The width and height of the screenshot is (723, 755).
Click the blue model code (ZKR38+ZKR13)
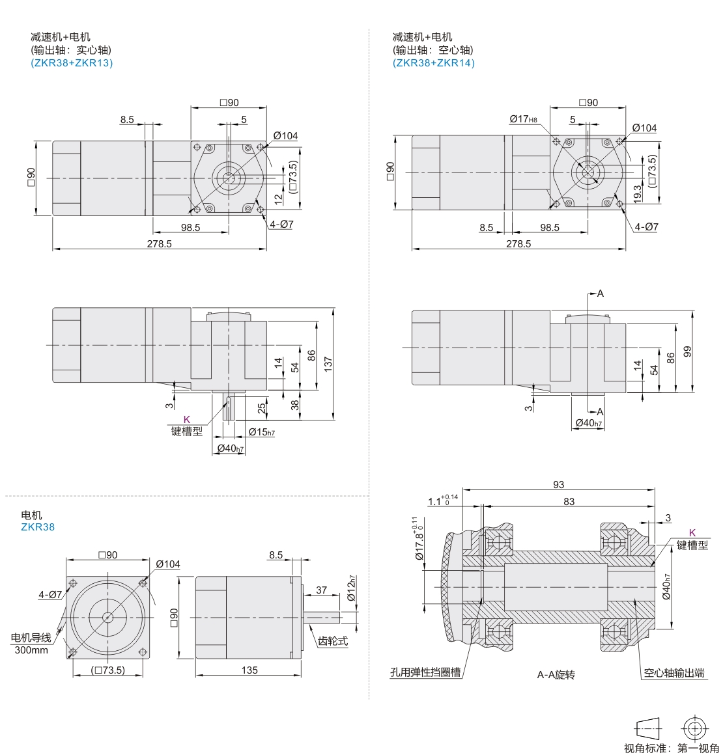(72, 63)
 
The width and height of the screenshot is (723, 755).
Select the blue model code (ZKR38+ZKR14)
(434, 63)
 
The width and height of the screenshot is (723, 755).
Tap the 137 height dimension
(328, 364)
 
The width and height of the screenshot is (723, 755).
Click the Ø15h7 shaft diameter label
(262, 432)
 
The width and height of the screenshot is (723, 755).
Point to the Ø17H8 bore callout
(524, 119)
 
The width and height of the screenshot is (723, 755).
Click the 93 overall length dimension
(559, 484)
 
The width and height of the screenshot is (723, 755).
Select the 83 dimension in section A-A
(569, 501)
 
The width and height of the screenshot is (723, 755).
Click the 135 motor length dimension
(249, 670)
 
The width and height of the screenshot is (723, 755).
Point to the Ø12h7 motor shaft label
(351, 588)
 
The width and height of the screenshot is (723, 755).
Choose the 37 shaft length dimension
(322, 590)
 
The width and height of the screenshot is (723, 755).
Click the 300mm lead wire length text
(31, 650)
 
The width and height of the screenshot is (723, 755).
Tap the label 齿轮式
(333, 641)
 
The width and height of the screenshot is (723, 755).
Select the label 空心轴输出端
(674, 672)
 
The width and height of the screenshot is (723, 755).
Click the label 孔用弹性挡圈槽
(425, 672)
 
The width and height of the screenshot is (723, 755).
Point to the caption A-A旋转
(556, 674)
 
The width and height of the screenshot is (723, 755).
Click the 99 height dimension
(687, 351)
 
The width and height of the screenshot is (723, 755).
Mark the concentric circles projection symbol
(694, 728)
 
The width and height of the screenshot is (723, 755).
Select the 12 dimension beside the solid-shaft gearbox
(278, 199)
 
